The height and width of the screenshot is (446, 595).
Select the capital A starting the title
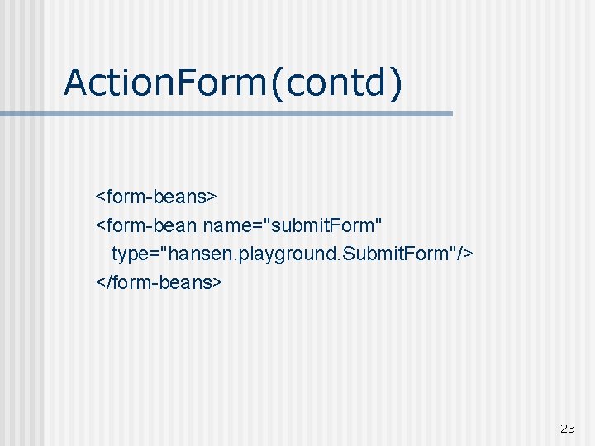tap(76, 83)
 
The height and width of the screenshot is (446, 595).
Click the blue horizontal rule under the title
tap(248, 114)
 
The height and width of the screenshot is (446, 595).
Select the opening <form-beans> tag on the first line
tap(156, 197)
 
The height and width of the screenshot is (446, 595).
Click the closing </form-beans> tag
tap(159, 282)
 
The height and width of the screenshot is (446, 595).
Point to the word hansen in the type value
tap(196, 253)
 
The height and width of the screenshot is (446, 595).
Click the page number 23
tap(567, 429)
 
